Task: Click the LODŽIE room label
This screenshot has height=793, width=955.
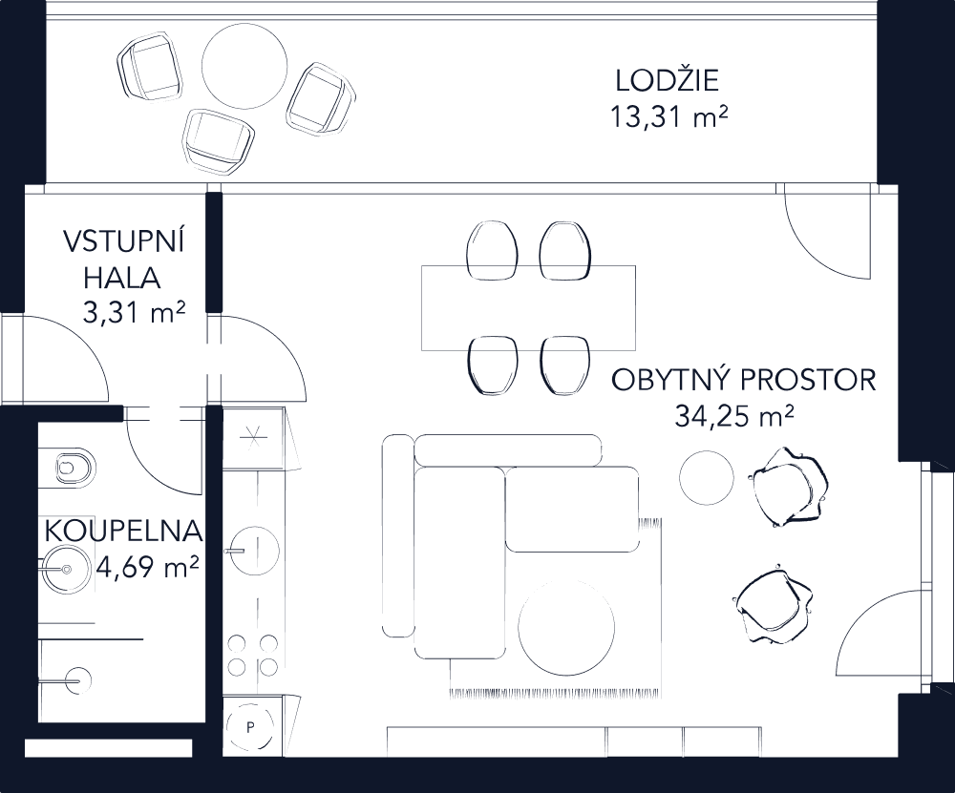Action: click(x=667, y=80)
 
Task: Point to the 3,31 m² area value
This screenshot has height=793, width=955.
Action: click(x=134, y=314)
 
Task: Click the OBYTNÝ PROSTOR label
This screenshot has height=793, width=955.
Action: click(x=743, y=381)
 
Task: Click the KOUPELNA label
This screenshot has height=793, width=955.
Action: click(x=123, y=531)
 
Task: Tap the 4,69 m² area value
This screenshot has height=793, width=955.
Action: click(x=148, y=570)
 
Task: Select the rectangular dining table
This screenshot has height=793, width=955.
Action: click(x=529, y=307)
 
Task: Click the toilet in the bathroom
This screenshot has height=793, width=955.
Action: click(x=73, y=467)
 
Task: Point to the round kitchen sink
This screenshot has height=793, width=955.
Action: click(x=252, y=551)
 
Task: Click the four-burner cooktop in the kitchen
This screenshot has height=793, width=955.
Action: click(x=253, y=653)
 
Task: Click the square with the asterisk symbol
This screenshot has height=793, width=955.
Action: click(x=254, y=438)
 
